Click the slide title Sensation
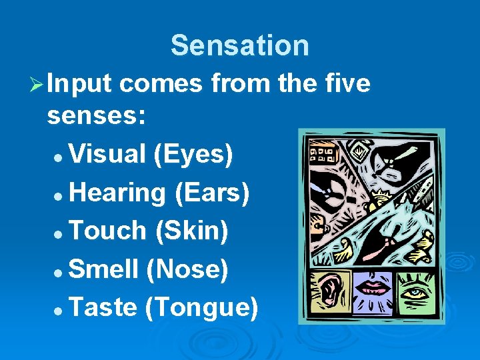click(x=240, y=45)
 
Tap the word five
click(x=346, y=84)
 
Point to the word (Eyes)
click(x=193, y=154)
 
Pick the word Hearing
click(x=117, y=193)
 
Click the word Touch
click(x=107, y=231)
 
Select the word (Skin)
click(x=191, y=231)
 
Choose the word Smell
click(x=103, y=269)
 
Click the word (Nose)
click(x=187, y=269)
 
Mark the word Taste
click(x=103, y=307)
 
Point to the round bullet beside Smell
click(x=59, y=271)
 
